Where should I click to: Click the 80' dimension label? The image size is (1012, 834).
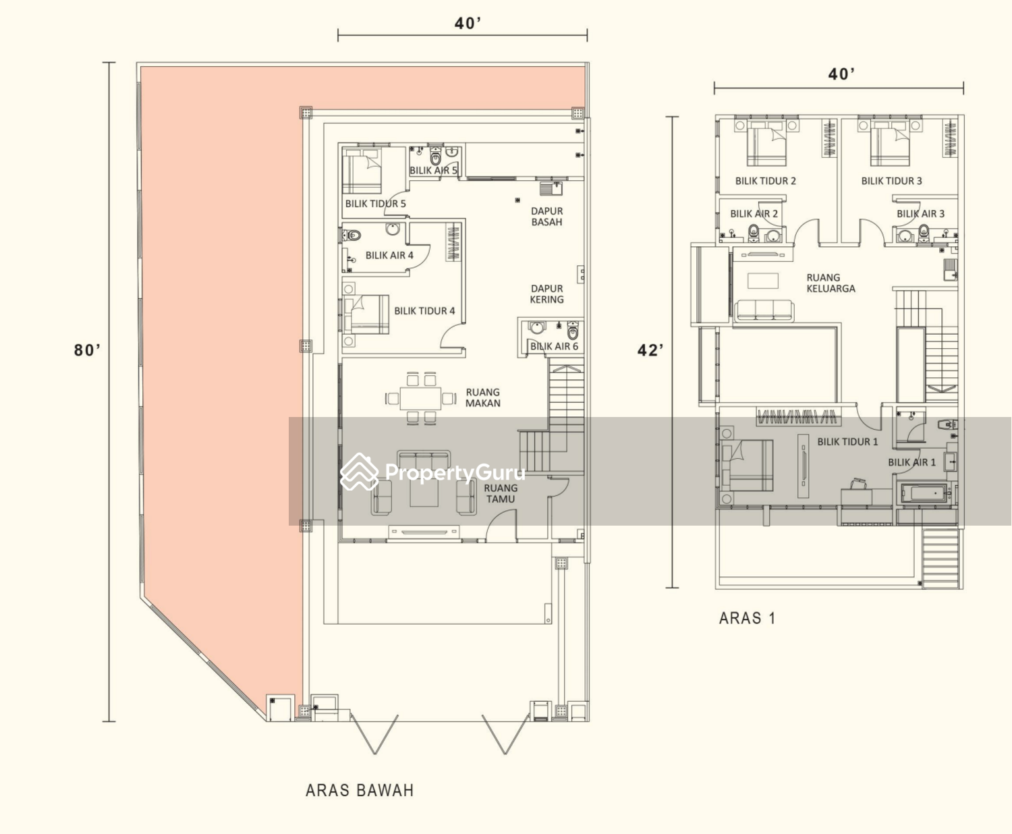pyautogui.click(x=87, y=350)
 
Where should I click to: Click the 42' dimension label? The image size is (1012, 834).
pyautogui.click(x=650, y=350)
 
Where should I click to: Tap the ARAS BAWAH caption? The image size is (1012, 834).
pyautogui.click(x=360, y=791)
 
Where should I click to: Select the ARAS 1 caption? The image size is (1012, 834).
pyautogui.click(x=748, y=618)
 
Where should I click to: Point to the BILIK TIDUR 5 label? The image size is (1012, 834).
pyautogui.click(x=375, y=204)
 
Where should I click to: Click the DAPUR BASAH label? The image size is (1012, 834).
pyautogui.click(x=546, y=216)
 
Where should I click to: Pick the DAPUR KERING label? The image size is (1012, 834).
pyautogui.click(x=546, y=294)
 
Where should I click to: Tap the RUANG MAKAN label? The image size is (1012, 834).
pyautogui.click(x=483, y=397)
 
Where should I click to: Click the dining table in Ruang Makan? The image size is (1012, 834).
pyautogui.click(x=421, y=399)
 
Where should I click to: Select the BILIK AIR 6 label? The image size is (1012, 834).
pyautogui.click(x=554, y=346)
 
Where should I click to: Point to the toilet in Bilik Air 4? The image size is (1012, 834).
pyautogui.click(x=352, y=236)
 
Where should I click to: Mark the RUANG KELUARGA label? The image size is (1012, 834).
pyautogui.click(x=831, y=283)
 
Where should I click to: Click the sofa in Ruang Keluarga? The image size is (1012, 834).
pyautogui.click(x=764, y=310)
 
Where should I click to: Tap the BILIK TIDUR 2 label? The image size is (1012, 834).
pyautogui.click(x=765, y=181)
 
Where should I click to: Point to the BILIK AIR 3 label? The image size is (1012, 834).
pyautogui.click(x=920, y=214)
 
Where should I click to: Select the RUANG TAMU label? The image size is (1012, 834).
pyautogui.click(x=501, y=493)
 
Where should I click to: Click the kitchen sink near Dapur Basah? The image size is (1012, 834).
pyautogui.click(x=551, y=188)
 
